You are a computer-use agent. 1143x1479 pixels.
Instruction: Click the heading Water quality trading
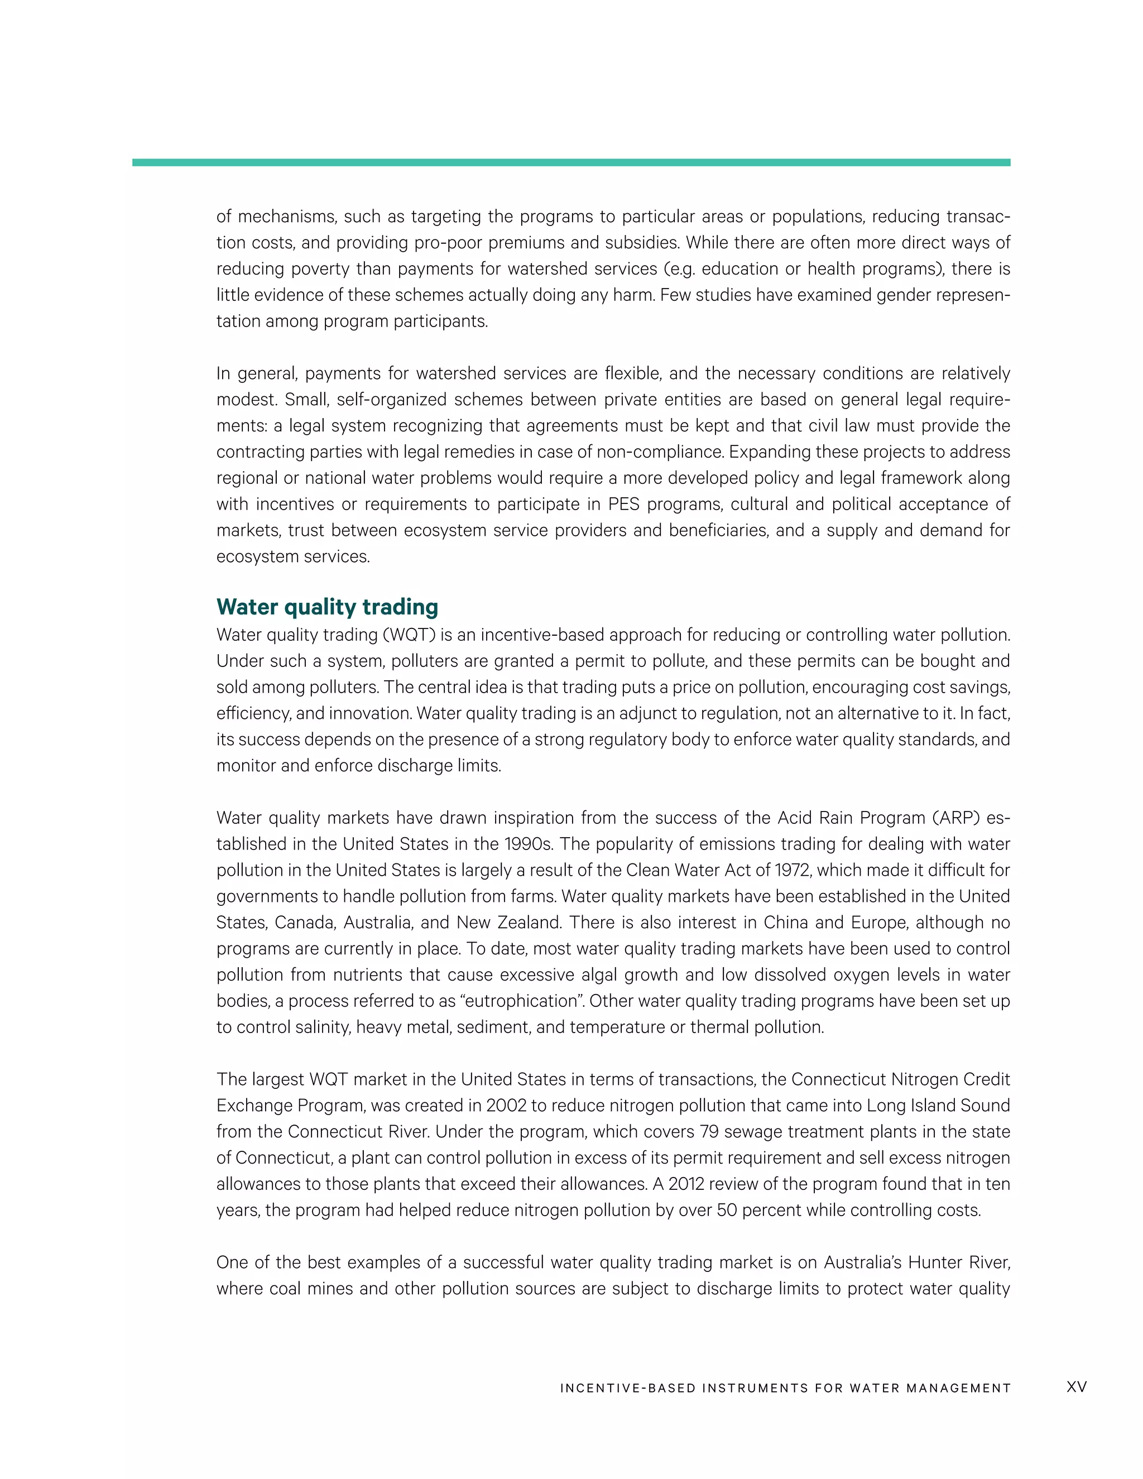[327, 607]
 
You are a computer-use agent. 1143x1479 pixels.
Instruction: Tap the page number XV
[1076, 1387]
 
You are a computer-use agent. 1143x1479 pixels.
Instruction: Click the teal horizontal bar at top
[571, 162]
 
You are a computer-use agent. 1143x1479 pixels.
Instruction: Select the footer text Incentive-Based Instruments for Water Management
[785, 1388]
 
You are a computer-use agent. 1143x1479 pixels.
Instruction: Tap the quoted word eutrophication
[508, 1001]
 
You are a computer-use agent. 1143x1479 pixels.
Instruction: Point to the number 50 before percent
[726, 1210]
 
